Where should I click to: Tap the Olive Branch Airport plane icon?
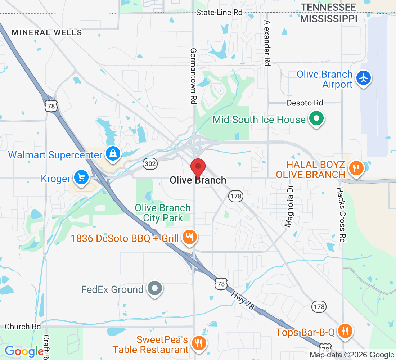[x=364, y=78]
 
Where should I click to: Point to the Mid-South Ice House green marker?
[x=316, y=119]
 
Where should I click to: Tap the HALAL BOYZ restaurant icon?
[x=356, y=168]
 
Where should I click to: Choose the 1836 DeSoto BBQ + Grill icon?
[x=189, y=237]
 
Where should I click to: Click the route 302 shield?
[x=149, y=164]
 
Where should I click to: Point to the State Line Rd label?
[x=219, y=13]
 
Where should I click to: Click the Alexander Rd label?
[x=267, y=43]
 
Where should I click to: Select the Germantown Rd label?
[x=193, y=76]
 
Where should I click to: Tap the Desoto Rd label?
[x=305, y=103]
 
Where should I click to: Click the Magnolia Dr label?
[x=289, y=207]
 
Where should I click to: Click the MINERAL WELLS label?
[x=47, y=32]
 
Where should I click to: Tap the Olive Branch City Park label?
[x=163, y=213]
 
